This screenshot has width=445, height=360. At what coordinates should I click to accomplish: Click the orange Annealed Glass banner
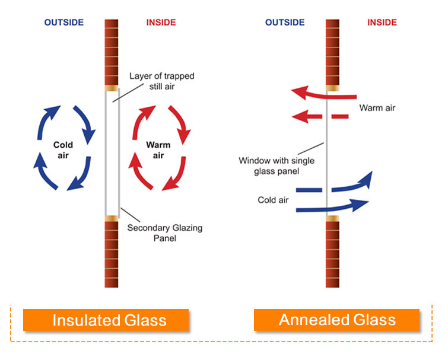(336, 320)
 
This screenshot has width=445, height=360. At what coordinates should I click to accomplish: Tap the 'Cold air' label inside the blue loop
(63, 150)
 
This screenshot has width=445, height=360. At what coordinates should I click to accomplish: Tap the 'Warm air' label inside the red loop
(158, 150)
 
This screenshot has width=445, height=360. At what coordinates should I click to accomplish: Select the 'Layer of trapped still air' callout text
(162, 81)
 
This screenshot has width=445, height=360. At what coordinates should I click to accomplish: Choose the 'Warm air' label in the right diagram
(377, 108)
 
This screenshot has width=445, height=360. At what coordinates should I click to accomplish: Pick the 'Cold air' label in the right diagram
(273, 200)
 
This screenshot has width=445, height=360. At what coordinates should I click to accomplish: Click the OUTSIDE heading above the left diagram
(64, 23)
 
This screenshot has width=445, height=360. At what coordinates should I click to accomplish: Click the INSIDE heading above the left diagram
(161, 23)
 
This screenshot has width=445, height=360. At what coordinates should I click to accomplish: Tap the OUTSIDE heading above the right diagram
(285, 23)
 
